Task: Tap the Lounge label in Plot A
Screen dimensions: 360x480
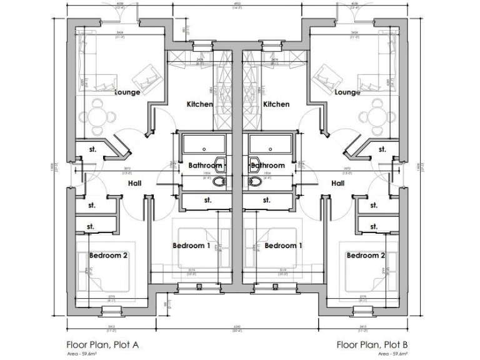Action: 127,92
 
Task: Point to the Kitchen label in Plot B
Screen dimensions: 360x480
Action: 276,104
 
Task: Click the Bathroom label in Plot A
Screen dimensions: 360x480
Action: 206,166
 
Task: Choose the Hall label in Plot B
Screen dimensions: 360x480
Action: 338,183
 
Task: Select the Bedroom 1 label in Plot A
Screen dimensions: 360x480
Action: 191,246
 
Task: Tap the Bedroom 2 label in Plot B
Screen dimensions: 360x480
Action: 366,256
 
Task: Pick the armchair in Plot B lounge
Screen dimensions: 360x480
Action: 326,78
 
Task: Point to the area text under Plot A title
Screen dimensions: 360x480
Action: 83,354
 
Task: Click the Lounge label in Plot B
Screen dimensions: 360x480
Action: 347,92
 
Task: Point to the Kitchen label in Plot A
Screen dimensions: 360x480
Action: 200,104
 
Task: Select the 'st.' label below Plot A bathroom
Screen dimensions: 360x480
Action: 206,201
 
